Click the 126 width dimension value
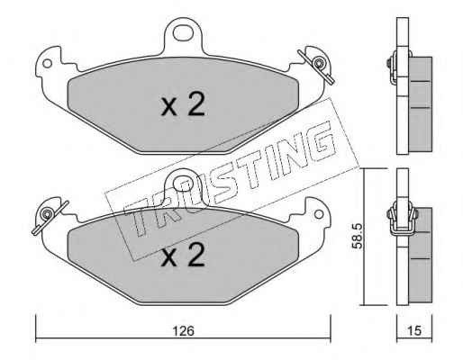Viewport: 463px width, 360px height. point(184,331)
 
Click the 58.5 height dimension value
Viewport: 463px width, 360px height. point(358,236)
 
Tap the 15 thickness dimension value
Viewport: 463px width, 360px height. point(414,330)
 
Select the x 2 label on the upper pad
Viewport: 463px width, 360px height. point(183,104)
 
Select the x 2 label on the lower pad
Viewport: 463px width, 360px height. point(183,255)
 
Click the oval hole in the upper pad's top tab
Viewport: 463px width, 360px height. point(183,32)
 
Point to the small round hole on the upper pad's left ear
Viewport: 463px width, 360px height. point(47,63)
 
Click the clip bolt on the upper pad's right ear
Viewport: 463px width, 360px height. point(318,64)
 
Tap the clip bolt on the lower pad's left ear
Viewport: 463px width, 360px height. point(47,214)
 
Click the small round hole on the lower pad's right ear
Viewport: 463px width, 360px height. point(319,214)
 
